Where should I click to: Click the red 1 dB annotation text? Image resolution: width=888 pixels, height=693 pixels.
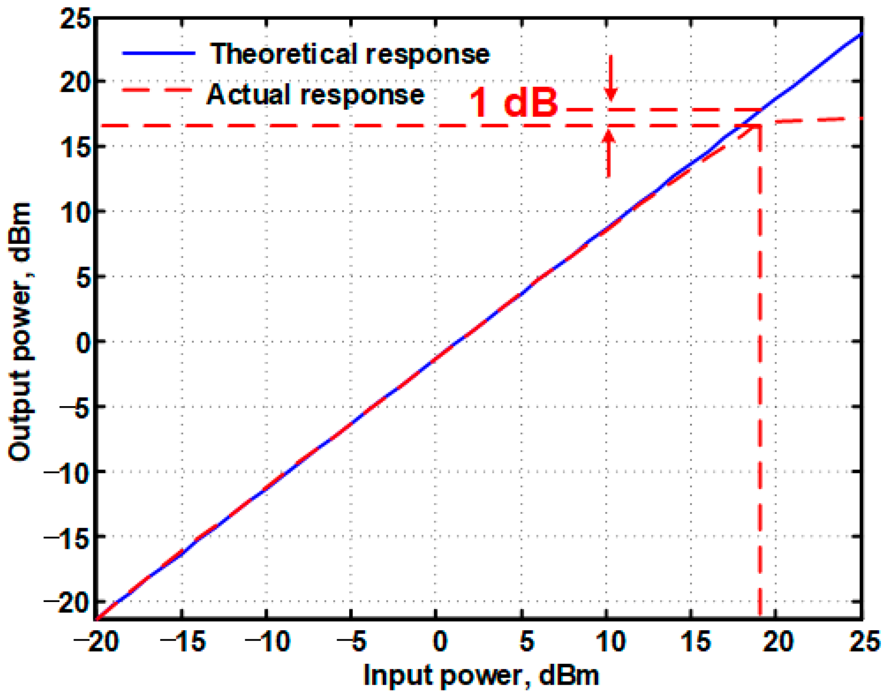click(513, 103)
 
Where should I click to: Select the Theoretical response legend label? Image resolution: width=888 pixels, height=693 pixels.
click(350, 54)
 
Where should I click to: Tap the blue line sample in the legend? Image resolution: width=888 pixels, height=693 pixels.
click(159, 53)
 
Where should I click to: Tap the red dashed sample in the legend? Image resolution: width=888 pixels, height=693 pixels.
click(157, 90)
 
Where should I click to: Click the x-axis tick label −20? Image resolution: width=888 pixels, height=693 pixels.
click(95, 641)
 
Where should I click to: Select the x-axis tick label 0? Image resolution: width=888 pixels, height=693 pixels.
click(440, 641)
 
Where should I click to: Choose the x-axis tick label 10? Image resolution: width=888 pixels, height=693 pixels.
click(611, 641)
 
